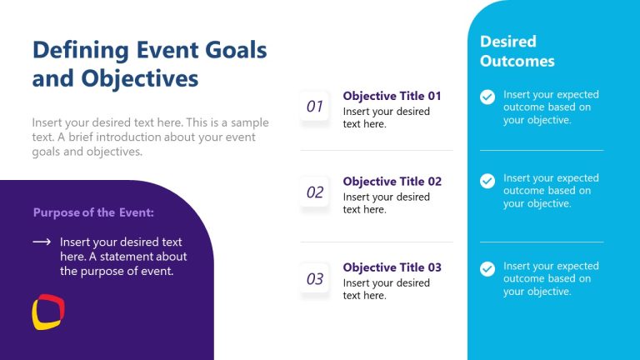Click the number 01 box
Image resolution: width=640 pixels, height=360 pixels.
[x=315, y=107]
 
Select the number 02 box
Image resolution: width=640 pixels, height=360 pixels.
[x=315, y=192]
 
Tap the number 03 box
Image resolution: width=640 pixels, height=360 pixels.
[x=315, y=279]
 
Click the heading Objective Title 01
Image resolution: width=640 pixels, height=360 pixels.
[x=392, y=96]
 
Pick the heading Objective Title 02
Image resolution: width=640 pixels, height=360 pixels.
[x=392, y=182]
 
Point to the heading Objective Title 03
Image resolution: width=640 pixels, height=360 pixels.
[x=392, y=267]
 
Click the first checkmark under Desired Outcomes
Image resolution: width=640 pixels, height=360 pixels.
[x=487, y=97]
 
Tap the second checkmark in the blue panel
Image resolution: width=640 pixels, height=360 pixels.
[x=487, y=181]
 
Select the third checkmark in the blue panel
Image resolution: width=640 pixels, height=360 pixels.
[x=487, y=268]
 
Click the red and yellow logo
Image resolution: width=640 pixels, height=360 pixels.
[x=48, y=312]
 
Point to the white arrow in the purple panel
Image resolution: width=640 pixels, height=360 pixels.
[x=42, y=242]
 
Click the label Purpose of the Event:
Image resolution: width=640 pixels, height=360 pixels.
[x=93, y=212]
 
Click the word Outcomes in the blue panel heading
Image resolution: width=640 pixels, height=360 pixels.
[x=517, y=61]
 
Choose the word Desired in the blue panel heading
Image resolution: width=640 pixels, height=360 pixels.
[x=508, y=41]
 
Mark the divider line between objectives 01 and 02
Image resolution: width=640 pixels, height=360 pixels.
[x=377, y=151]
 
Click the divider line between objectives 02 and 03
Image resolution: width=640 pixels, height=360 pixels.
[x=377, y=242]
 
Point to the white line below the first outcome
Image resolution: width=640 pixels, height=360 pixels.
[x=542, y=151]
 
